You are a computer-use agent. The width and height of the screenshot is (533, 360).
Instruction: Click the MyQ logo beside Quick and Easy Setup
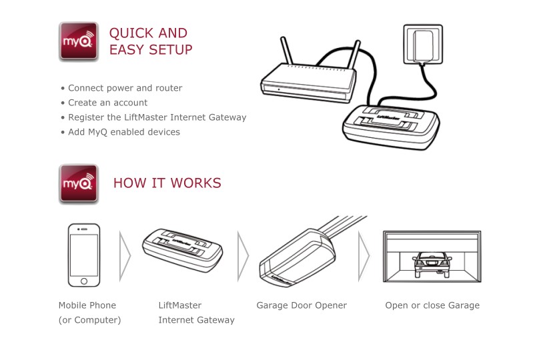point(79,41)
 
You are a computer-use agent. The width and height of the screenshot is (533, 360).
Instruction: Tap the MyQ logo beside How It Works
point(79,183)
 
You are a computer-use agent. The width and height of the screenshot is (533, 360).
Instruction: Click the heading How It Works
point(167,183)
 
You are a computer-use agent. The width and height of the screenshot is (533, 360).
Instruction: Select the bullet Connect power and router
point(125,88)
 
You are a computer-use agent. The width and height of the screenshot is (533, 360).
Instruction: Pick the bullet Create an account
point(107,103)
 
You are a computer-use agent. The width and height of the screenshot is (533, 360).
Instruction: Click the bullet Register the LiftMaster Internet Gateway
point(157,117)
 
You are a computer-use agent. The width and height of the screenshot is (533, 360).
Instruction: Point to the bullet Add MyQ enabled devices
point(124,132)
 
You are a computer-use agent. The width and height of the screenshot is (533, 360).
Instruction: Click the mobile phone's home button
point(84,281)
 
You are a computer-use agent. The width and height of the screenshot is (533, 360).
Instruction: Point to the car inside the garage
point(431,265)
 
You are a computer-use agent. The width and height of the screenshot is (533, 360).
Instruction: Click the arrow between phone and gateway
point(125,255)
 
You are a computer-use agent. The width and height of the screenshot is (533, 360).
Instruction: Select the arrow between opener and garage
point(364,255)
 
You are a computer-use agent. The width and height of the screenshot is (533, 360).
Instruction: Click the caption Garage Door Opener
point(302,305)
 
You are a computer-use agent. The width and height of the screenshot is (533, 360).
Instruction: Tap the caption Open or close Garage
point(432,305)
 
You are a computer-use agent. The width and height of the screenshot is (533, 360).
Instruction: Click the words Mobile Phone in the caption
point(87,305)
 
